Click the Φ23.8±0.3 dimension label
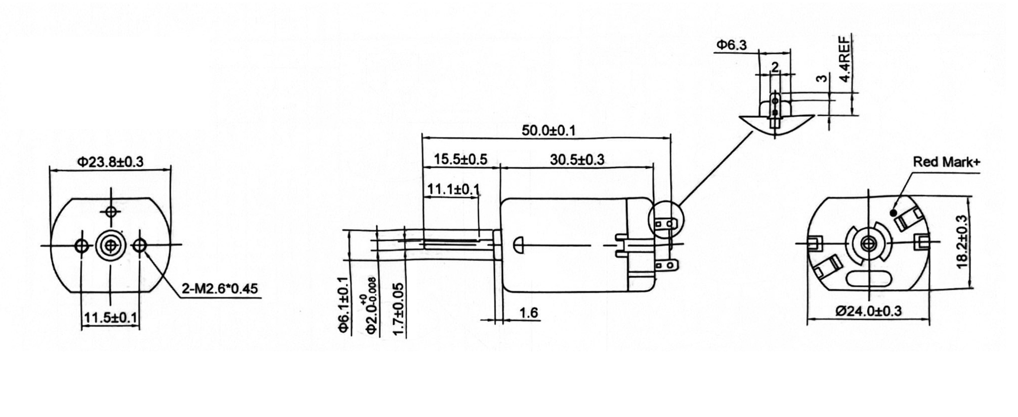point(110,161)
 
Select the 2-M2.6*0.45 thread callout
point(220,288)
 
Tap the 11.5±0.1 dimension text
point(111,317)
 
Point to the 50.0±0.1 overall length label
point(548,130)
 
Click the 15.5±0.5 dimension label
point(460,159)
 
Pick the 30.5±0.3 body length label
point(577,159)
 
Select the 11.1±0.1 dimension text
point(453,189)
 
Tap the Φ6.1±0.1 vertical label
point(342,304)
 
